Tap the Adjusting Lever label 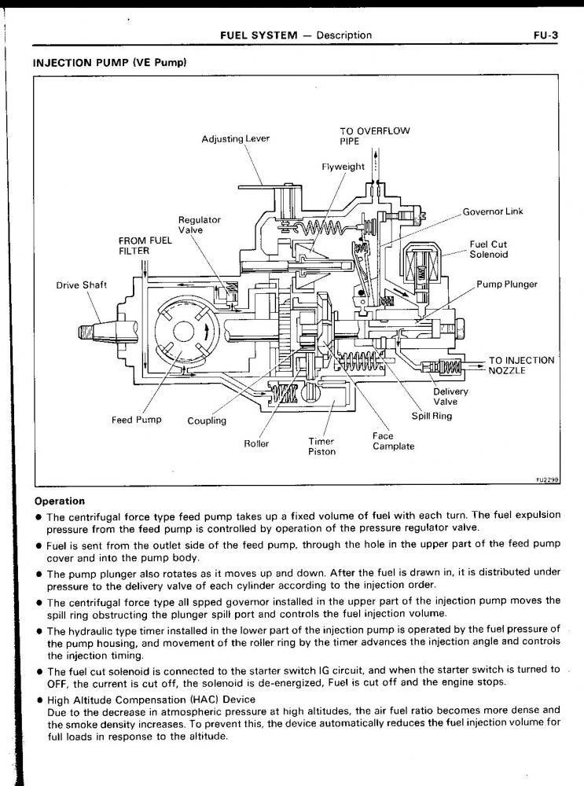point(235,139)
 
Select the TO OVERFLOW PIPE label point(374,136)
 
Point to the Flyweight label point(343,167)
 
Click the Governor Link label point(492,211)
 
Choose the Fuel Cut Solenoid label point(489,249)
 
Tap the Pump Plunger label point(507,284)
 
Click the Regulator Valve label point(200,226)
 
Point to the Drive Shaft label point(83,285)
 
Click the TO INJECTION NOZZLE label point(521,365)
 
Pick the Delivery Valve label point(450,396)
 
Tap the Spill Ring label point(432,416)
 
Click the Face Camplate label point(393,441)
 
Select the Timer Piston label point(321,446)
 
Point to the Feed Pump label point(136,420)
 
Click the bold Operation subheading point(61,501)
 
